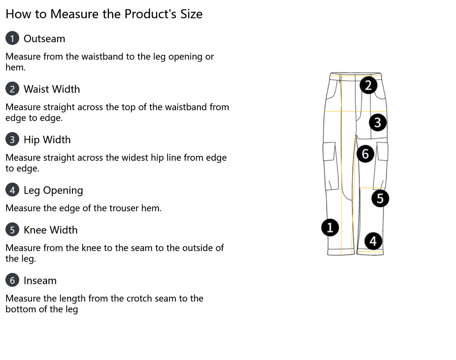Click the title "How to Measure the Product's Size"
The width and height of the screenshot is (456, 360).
[104, 14]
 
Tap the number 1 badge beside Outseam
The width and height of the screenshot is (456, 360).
[12, 38]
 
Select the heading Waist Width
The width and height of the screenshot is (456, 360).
[52, 89]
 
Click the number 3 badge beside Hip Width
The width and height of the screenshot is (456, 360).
[12, 139]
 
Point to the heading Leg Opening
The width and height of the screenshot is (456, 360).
[53, 190]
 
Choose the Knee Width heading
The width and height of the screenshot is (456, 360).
[50, 230]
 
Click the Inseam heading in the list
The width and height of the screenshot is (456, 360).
[40, 281]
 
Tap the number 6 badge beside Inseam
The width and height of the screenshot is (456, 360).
[12, 280]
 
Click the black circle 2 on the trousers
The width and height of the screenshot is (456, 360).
[368, 85]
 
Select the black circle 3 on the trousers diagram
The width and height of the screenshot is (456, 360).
[377, 122]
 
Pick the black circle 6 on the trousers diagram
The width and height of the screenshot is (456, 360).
[365, 154]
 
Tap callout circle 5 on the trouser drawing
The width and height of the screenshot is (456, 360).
[380, 198]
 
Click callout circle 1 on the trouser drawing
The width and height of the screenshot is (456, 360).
[330, 227]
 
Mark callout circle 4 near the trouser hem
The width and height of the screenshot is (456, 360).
[373, 241]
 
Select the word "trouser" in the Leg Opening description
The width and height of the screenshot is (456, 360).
[124, 208]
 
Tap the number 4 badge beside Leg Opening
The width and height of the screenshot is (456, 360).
[12, 190]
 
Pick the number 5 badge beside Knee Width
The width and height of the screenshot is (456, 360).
[12, 229]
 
